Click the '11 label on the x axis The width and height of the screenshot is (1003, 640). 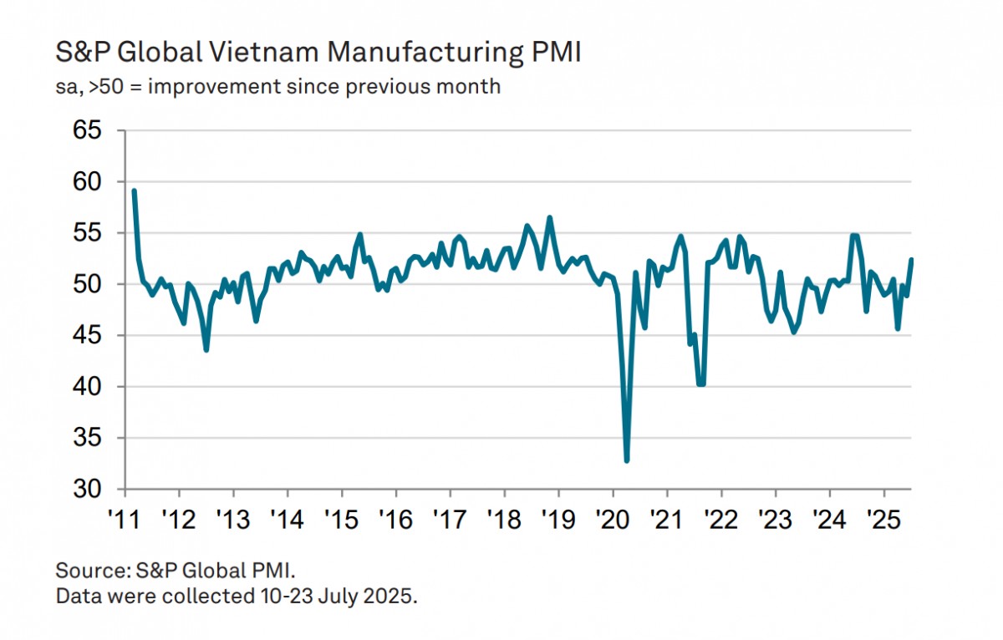(124, 516)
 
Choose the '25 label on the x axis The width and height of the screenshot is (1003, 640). (883, 516)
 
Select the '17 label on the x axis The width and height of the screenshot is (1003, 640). (450, 516)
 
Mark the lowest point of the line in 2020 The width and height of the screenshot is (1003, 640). (627, 460)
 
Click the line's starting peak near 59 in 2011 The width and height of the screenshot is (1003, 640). (134, 191)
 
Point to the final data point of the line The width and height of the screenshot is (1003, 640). (911, 260)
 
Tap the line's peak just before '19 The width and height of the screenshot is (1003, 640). (550, 218)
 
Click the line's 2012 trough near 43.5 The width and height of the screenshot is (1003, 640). (206, 349)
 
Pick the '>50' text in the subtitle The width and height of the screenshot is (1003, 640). (102, 86)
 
